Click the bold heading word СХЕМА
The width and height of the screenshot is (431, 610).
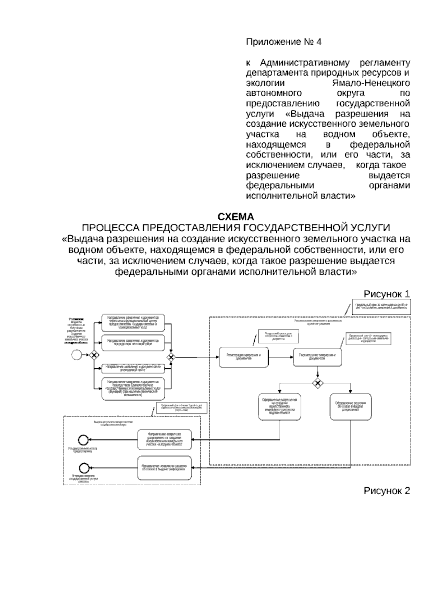click(236, 217)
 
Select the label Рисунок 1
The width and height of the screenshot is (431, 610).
click(386, 294)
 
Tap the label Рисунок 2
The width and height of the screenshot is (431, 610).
click(386, 491)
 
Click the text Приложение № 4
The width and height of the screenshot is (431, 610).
click(284, 42)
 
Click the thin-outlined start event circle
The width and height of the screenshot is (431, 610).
click(77, 355)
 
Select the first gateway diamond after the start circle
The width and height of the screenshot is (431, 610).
click(94, 355)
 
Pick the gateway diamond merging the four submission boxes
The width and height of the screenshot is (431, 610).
click(171, 357)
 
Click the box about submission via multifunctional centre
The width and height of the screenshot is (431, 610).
click(133, 322)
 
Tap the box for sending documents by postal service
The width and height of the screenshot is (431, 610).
click(133, 343)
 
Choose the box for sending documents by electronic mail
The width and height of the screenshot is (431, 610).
click(133, 368)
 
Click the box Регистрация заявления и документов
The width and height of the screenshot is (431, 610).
click(244, 357)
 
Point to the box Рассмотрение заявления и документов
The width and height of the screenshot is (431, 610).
click(317, 357)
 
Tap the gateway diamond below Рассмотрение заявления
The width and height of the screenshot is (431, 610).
click(317, 383)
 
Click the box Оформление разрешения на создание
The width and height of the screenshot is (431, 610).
click(279, 406)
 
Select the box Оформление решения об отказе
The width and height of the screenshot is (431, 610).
click(351, 406)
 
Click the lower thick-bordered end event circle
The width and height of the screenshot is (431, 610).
click(84, 468)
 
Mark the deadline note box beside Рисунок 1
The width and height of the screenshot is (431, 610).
click(381, 306)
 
